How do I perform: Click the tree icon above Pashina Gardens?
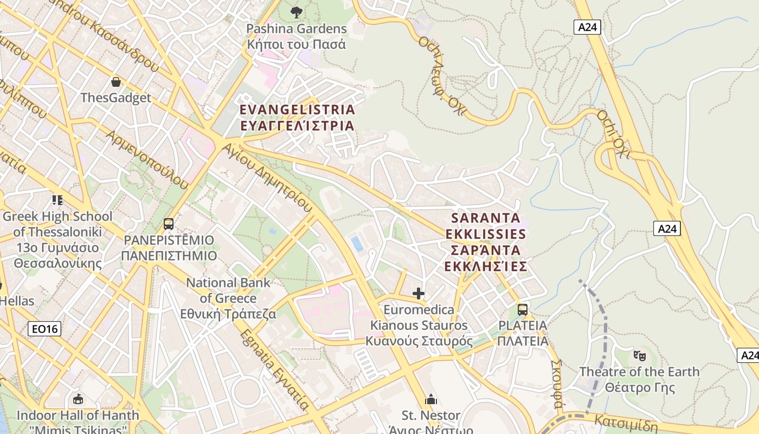click(x=296, y=11)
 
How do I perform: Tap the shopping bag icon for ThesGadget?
click(x=115, y=82)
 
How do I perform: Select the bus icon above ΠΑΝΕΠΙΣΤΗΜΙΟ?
click(x=169, y=224)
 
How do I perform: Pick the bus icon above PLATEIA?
click(x=523, y=309)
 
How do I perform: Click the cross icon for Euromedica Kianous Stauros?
click(x=419, y=293)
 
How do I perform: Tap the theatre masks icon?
click(x=640, y=356)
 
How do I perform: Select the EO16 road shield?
click(x=44, y=328)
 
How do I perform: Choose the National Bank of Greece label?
click(x=228, y=298)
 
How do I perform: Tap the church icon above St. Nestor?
click(x=431, y=400)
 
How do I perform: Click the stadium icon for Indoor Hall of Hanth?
click(x=78, y=400)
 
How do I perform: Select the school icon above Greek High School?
click(x=57, y=200)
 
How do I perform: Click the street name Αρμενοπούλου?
click(x=147, y=159)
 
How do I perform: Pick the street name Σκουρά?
click(x=557, y=383)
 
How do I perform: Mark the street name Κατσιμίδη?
click(x=626, y=423)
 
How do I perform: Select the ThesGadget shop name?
click(x=115, y=98)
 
